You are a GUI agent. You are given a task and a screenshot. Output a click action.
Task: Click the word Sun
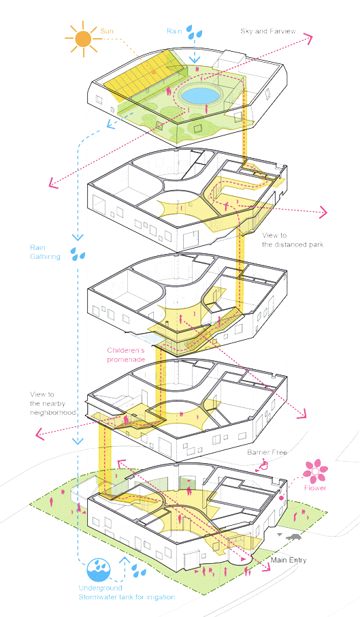pos(108,31)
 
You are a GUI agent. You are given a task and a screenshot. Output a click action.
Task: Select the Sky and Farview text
pos(267,31)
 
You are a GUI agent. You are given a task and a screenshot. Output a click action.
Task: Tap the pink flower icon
pos(315,470)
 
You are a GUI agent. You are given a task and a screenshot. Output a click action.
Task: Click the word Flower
pos(315,488)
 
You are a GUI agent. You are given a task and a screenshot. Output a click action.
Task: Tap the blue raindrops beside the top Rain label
pos(198,31)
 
